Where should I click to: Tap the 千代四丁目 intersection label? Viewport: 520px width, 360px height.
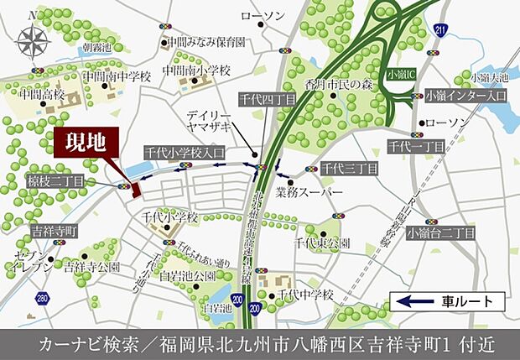pos(267,99)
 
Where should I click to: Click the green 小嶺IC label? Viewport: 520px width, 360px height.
pos(401,73)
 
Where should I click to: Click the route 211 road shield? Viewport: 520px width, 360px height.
pos(441,31)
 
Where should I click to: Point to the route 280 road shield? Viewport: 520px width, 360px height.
pos(42,298)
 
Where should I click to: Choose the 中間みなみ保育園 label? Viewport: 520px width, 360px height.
pos(205,40)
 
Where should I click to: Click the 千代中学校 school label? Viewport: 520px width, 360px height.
pos(306,295)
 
